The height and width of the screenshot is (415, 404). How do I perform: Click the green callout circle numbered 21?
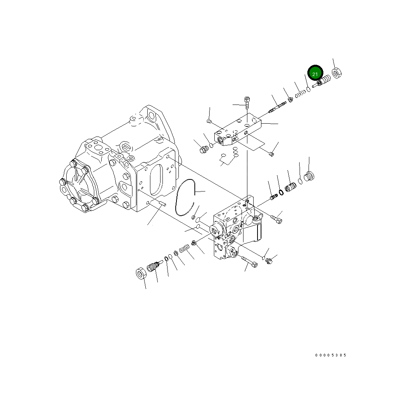click(315, 73)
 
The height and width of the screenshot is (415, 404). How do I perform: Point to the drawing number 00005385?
click(330, 355)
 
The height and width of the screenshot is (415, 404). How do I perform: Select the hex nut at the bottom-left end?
click(141, 274)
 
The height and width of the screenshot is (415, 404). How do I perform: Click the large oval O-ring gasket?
click(184, 197)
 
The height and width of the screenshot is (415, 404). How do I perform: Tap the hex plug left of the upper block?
click(203, 149)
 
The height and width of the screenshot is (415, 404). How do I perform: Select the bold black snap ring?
click(280, 192)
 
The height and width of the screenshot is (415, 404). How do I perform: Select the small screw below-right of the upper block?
click(272, 154)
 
